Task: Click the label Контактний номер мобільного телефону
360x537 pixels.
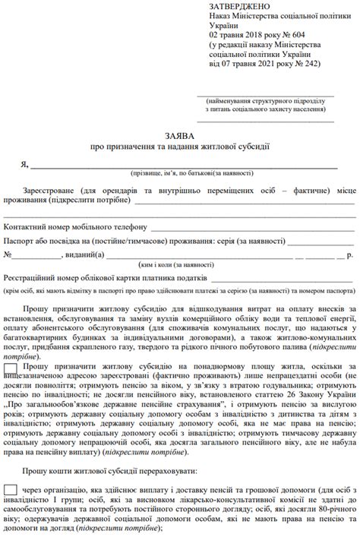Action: point(75,226)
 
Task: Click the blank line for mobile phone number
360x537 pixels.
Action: point(251,228)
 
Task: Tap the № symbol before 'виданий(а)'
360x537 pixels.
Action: point(9,255)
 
